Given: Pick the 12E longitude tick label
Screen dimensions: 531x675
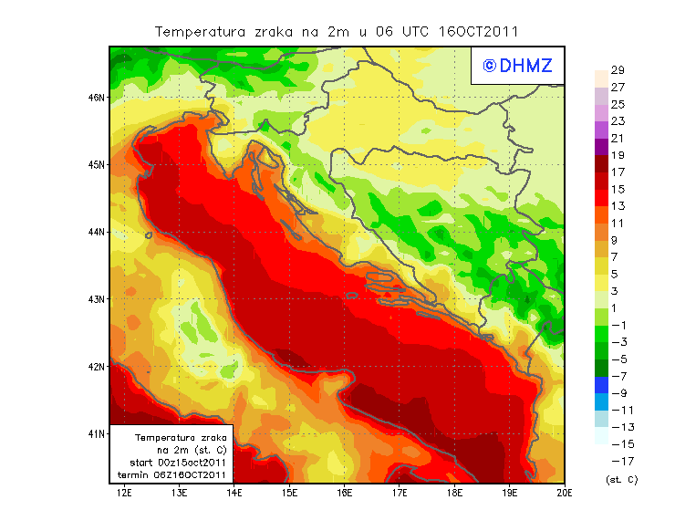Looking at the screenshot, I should coord(124,493).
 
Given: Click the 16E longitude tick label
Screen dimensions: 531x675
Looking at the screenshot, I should coord(345,493).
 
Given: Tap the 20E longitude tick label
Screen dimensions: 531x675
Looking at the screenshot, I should coord(565,493).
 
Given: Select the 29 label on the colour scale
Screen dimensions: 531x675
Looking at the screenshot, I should coord(618,70).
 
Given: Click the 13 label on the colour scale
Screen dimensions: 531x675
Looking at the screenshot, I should coord(618,206).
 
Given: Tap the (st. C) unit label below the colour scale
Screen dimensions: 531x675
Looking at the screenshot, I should coord(621,479).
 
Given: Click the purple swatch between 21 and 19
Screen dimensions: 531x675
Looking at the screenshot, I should coord(600,147).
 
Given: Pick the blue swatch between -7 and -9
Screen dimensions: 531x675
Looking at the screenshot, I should coord(600,385).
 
